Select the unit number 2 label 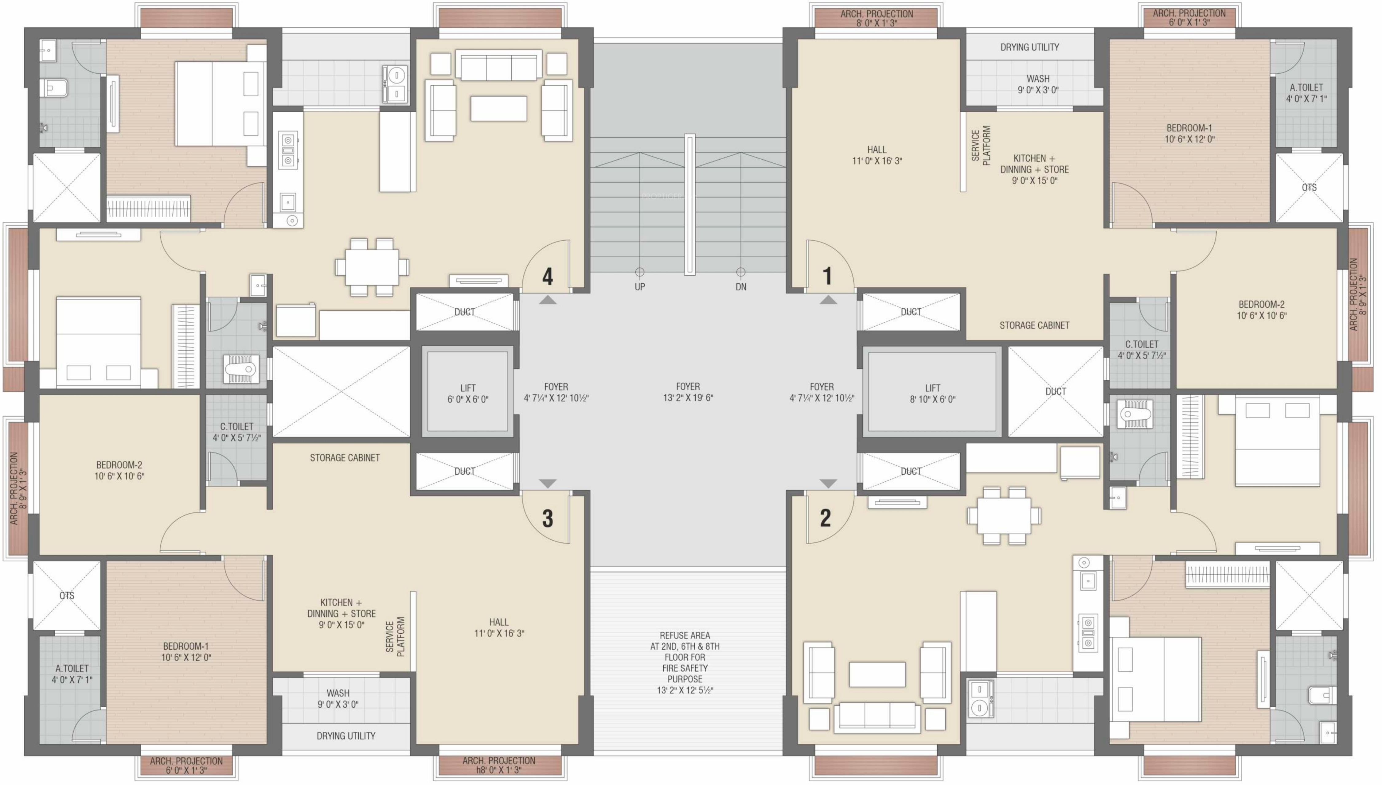pos(826,518)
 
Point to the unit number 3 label pos(547,518)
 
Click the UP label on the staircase pos(639,287)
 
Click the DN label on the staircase pos(741,287)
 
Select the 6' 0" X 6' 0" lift pos(467,391)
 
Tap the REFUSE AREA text pos(685,636)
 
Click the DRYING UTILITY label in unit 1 pos(1029,48)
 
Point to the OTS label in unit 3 pos(67,596)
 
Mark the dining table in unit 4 pos(372,267)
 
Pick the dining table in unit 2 pos(1004,516)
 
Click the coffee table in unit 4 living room pos(499,108)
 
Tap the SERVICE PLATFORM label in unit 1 pos(981,146)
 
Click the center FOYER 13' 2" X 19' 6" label pos(688,392)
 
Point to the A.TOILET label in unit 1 pos(1306,93)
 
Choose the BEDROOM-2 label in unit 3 pos(119,470)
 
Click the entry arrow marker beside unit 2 pos(828,484)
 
